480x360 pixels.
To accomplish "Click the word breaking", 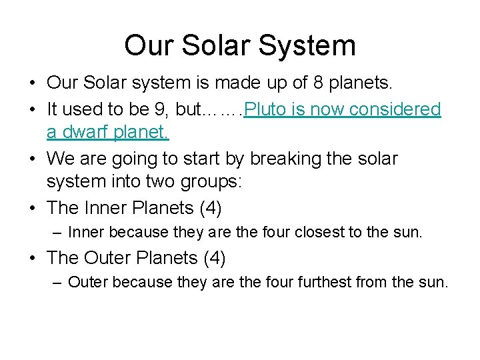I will [291, 159].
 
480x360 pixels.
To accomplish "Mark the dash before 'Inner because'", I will [58, 233].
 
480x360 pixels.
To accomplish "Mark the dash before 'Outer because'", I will [58, 282].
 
